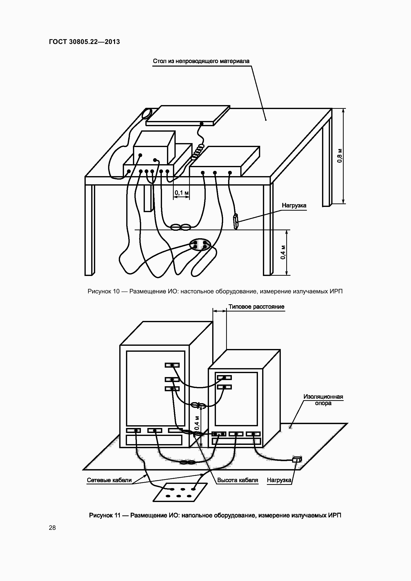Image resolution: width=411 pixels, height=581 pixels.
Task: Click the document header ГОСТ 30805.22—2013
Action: pyautogui.click(x=84, y=42)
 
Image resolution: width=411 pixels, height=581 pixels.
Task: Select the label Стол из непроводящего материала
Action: pyautogui.click(x=201, y=61)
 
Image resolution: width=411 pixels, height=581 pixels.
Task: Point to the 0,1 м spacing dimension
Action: pyautogui.click(x=181, y=193)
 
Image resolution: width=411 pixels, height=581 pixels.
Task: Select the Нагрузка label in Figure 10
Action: pyautogui.click(x=294, y=205)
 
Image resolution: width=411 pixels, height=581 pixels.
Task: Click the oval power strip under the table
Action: pyautogui.click(x=200, y=244)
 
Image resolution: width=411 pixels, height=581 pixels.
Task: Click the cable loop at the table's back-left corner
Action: pyautogui.click(x=146, y=113)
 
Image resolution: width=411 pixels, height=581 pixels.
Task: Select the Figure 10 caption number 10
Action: pyautogui.click(x=116, y=291)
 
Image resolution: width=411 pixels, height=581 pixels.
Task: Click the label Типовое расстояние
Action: pyautogui.click(x=256, y=307)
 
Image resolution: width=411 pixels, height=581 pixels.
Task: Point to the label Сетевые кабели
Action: pyautogui.click(x=109, y=480)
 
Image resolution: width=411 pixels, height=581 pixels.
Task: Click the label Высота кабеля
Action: pyautogui.click(x=238, y=480)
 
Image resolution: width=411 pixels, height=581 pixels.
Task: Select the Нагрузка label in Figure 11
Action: pyautogui.click(x=279, y=480)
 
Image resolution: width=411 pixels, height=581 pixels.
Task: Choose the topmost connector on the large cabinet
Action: pyautogui.click(x=172, y=365)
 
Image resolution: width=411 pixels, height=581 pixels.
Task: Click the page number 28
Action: pyautogui.click(x=52, y=528)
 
